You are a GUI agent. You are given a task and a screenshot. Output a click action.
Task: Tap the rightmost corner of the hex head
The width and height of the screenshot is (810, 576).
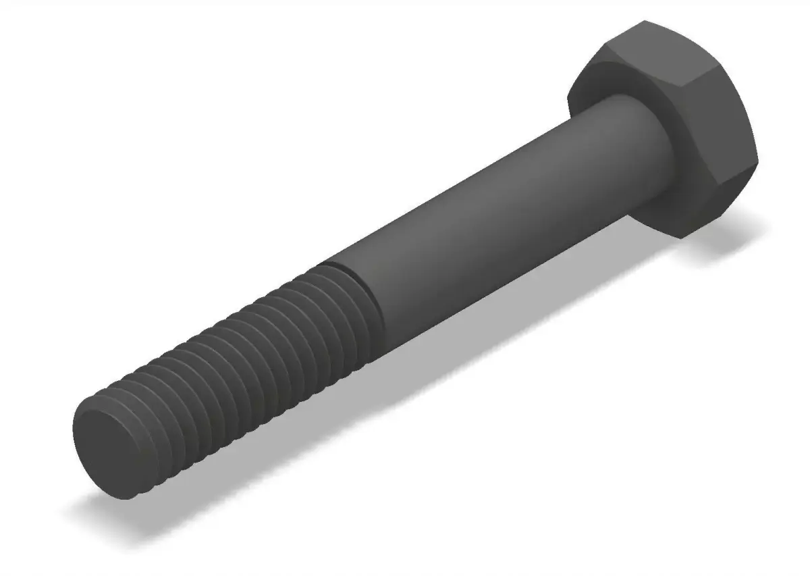[758, 162]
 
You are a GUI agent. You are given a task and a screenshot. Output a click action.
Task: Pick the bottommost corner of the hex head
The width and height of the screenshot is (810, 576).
[682, 237]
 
